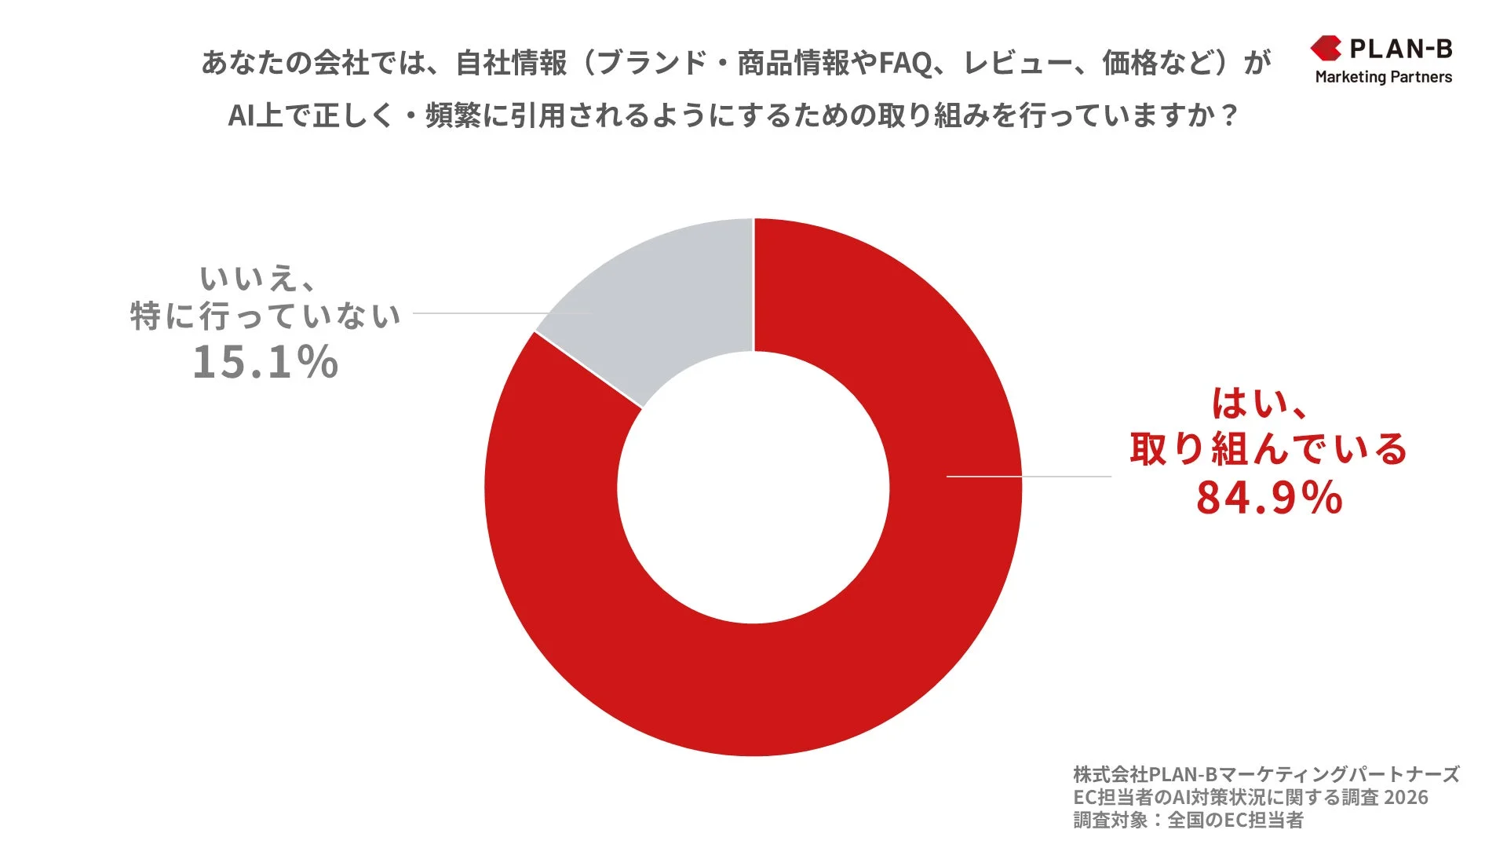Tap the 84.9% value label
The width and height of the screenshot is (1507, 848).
click(1269, 498)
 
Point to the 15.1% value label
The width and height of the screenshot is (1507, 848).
click(265, 363)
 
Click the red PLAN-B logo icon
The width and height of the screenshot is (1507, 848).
click(1326, 49)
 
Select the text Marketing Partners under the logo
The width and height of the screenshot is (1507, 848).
click(1383, 77)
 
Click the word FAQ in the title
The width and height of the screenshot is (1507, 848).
click(905, 63)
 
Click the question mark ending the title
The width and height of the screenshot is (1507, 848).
click(1230, 116)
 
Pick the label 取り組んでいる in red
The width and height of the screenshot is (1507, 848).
click(1268, 449)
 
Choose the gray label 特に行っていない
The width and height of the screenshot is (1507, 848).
click(265, 316)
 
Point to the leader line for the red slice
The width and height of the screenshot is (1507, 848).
click(1028, 476)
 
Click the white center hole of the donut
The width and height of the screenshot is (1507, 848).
click(753, 487)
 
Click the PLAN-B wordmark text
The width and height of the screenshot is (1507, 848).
click(1401, 49)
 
